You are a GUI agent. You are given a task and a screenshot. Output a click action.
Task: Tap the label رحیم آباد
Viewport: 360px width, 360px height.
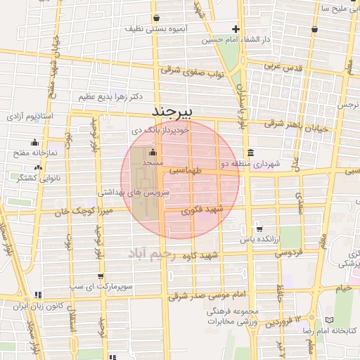[160, 252]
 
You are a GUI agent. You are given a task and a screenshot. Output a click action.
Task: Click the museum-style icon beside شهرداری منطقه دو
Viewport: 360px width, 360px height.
[250, 153]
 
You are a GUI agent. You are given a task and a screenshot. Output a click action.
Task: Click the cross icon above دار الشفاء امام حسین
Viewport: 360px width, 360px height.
[236, 30]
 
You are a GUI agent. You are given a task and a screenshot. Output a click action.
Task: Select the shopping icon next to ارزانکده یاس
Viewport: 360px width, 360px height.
[259, 229]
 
